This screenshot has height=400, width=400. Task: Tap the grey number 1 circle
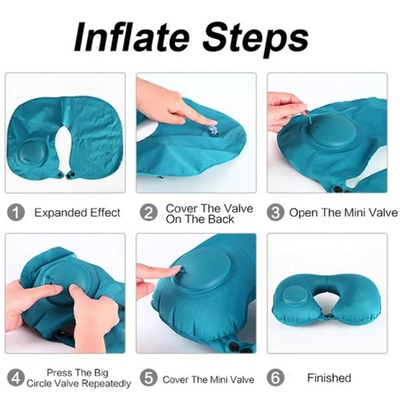click(16, 213)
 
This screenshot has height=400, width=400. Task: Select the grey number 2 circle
click(148, 213)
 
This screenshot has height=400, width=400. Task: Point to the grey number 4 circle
click(16, 378)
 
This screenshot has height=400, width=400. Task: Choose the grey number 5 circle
click(148, 378)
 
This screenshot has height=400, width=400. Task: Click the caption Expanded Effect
click(77, 213)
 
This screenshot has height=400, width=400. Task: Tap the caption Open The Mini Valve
click(343, 213)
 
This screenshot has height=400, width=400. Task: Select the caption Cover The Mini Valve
click(208, 379)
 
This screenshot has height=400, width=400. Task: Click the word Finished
click(329, 378)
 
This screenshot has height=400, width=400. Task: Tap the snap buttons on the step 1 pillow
click(67, 175)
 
